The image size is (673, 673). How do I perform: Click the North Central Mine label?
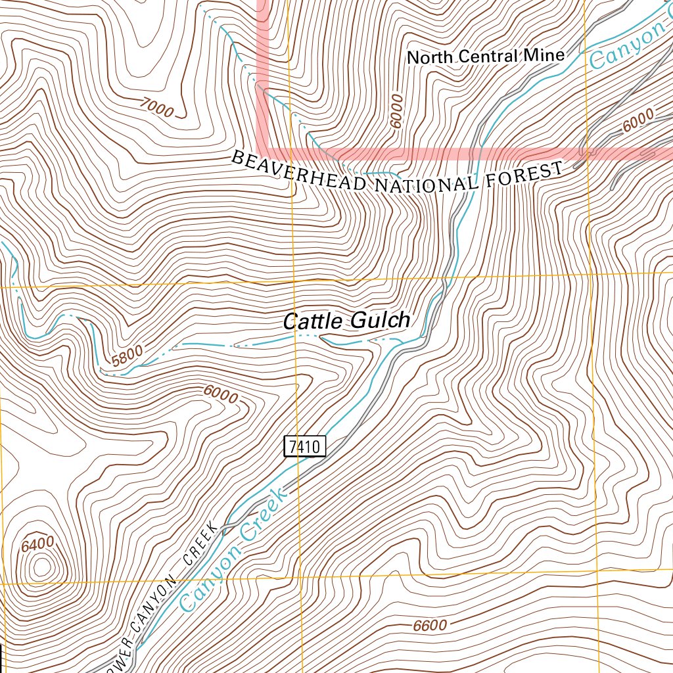point(486,57)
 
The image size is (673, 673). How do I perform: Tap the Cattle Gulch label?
point(346,321)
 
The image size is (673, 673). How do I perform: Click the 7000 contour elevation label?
point(156,107)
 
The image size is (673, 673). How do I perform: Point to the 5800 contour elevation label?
point(127,358)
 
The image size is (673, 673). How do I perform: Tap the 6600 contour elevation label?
point(430,625)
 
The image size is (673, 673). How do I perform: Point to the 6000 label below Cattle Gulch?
point(220,395)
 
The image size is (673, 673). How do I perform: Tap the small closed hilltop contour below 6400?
point(42,567)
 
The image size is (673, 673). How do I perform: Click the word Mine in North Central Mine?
point(544,55)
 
